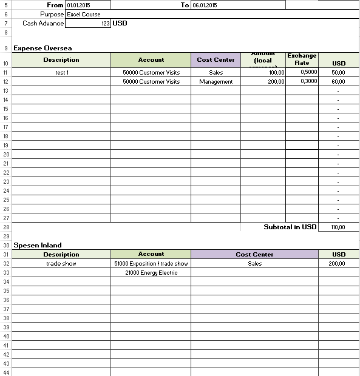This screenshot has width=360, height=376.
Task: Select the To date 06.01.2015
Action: [204, 5]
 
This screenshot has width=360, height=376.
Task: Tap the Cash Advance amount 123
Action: [105, 24]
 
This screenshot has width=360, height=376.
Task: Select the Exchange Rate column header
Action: [302, 59]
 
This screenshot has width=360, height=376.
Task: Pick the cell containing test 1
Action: [61, 73]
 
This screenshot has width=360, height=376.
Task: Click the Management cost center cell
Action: [216, 82]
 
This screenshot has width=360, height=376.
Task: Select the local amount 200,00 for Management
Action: [276, 82]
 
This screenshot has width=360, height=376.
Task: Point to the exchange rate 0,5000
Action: [308, 72]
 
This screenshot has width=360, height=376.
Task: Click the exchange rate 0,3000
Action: [308, 81]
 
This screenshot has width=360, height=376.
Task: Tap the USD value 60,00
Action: [338, 82]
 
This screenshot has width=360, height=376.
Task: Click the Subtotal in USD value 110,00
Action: [338, 227]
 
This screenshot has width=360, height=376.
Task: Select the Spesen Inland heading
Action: [38, 245]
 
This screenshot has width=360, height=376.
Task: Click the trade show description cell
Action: [61, 264]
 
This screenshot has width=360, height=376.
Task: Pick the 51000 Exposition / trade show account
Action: [151, 264]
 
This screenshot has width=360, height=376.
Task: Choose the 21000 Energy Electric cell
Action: [151, 273]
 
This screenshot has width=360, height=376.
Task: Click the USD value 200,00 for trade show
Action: [338, 264]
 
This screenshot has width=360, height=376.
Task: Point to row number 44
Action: [5, 372]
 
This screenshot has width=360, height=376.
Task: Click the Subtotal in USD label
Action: [290, 227]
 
